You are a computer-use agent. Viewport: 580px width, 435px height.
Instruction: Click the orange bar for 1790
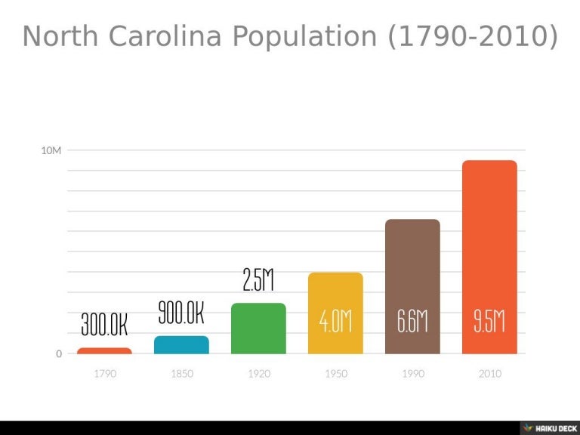(x=104, y=350)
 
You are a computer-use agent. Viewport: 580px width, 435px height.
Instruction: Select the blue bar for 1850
(x=181, y=345)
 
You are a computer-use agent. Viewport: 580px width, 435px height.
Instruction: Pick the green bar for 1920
(x=258, y=329)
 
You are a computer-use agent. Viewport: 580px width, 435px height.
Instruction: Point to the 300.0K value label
(x=104, y=325)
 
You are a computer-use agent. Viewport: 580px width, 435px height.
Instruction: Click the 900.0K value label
(x=181, y=312)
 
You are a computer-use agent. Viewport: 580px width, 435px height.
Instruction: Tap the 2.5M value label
(x=258, y=280)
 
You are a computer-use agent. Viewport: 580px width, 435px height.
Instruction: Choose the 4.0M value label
(x=335, y=322)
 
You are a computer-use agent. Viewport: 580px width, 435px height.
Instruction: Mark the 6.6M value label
(x=412, y=322)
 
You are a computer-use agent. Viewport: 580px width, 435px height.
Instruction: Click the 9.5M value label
(x=489, y=322)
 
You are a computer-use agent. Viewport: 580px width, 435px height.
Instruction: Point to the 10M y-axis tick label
(x=51, y=150)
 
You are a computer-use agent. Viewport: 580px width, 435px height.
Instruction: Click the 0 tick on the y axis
(x=59, y=354)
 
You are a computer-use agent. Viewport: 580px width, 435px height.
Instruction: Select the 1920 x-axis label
(x=258, y=374)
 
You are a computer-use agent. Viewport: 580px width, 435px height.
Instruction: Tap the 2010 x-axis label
(x=489, y=374)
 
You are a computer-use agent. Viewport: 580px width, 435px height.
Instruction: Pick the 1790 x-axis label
(x=104, y=374)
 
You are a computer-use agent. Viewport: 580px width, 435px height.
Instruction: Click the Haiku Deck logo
(x=549, y=427)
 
